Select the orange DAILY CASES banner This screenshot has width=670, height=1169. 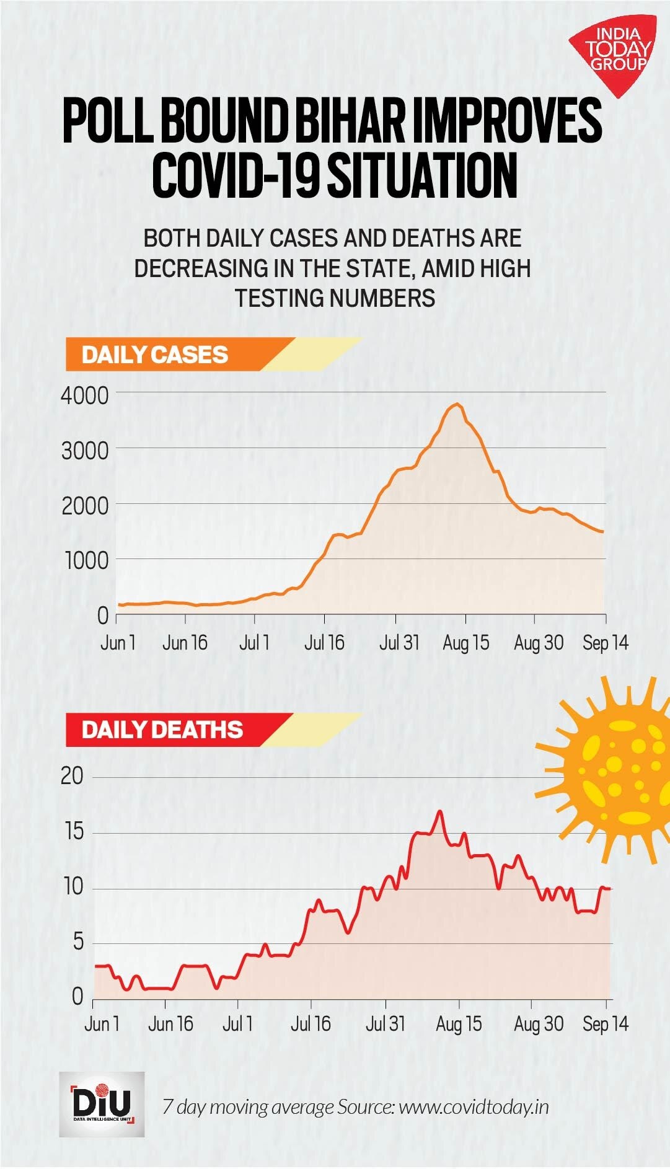click(155, 355)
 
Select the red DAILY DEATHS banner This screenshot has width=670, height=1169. click(162, 730)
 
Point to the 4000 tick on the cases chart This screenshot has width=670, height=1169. click(85, 395)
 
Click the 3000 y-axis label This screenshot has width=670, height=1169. click(85, 451)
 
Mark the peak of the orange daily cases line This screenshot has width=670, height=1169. click(457, 404)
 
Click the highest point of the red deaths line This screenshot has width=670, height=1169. click(439, 811)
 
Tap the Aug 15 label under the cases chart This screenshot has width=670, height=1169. click(465, 643)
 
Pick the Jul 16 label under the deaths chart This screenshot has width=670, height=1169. click(311, 1023)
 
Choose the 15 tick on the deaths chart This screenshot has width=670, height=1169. click(74, 831)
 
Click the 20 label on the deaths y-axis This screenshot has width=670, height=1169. click(72, 776)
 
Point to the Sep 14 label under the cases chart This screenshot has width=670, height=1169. click(605, 643)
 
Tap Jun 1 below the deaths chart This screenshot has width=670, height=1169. click(102, 1023)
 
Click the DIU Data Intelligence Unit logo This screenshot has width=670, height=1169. click(102, 1104)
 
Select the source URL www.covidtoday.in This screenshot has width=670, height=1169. click(474, 1107)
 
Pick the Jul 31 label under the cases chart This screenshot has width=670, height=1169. click(399, 643)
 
